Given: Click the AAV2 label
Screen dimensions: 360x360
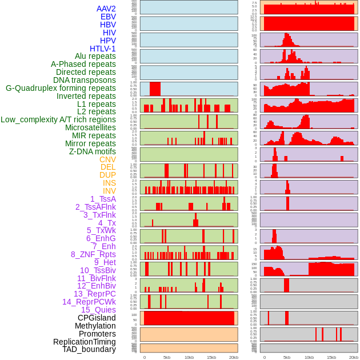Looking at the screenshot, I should tap(106, 9).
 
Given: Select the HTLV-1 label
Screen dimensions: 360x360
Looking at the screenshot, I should tap(102, 49).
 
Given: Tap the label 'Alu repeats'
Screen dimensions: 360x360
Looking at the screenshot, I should tap(95, 56).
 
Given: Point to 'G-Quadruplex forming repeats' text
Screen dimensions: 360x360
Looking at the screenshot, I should tap(61, 88).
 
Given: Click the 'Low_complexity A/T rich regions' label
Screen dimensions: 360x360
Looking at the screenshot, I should tap(58, 119).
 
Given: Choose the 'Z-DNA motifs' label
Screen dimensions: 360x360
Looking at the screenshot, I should tap(92, 151).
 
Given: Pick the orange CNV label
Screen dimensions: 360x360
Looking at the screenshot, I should tap(107, 159).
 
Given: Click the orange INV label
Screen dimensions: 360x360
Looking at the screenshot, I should tap(109, 191).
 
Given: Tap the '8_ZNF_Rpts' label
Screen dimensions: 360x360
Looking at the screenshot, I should tap(93, 254).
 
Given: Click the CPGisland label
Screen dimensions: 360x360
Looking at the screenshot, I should tap(97, 318).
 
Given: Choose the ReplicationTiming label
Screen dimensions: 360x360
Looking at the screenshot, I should tap(85, 342).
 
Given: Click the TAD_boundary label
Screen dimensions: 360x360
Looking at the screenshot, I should tap(89, 349).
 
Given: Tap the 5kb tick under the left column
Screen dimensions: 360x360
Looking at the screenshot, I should tap(167, 357).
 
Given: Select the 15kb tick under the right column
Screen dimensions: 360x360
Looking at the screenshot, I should tap(331, 357).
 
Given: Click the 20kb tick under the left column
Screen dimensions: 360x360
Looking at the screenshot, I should tap(233, 357).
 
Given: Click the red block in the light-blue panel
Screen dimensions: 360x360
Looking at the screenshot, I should tap(155, 89).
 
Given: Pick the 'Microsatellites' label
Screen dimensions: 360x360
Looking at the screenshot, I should tap(90, 127).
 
